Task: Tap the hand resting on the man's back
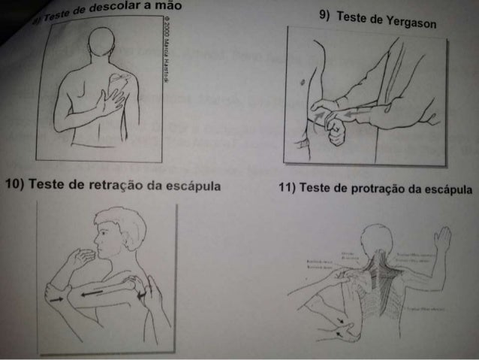click(115, 98)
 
